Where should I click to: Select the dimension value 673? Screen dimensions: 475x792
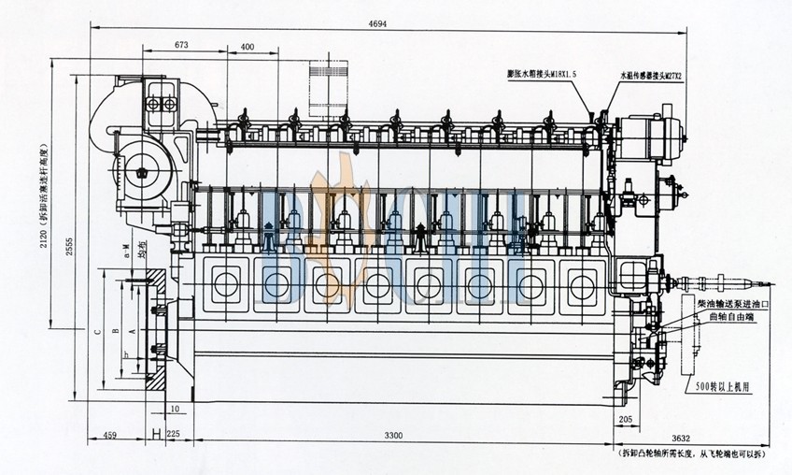point(183,45)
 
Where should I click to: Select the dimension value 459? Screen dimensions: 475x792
point(110,436)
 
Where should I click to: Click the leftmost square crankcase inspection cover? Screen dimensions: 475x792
point(225,283)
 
